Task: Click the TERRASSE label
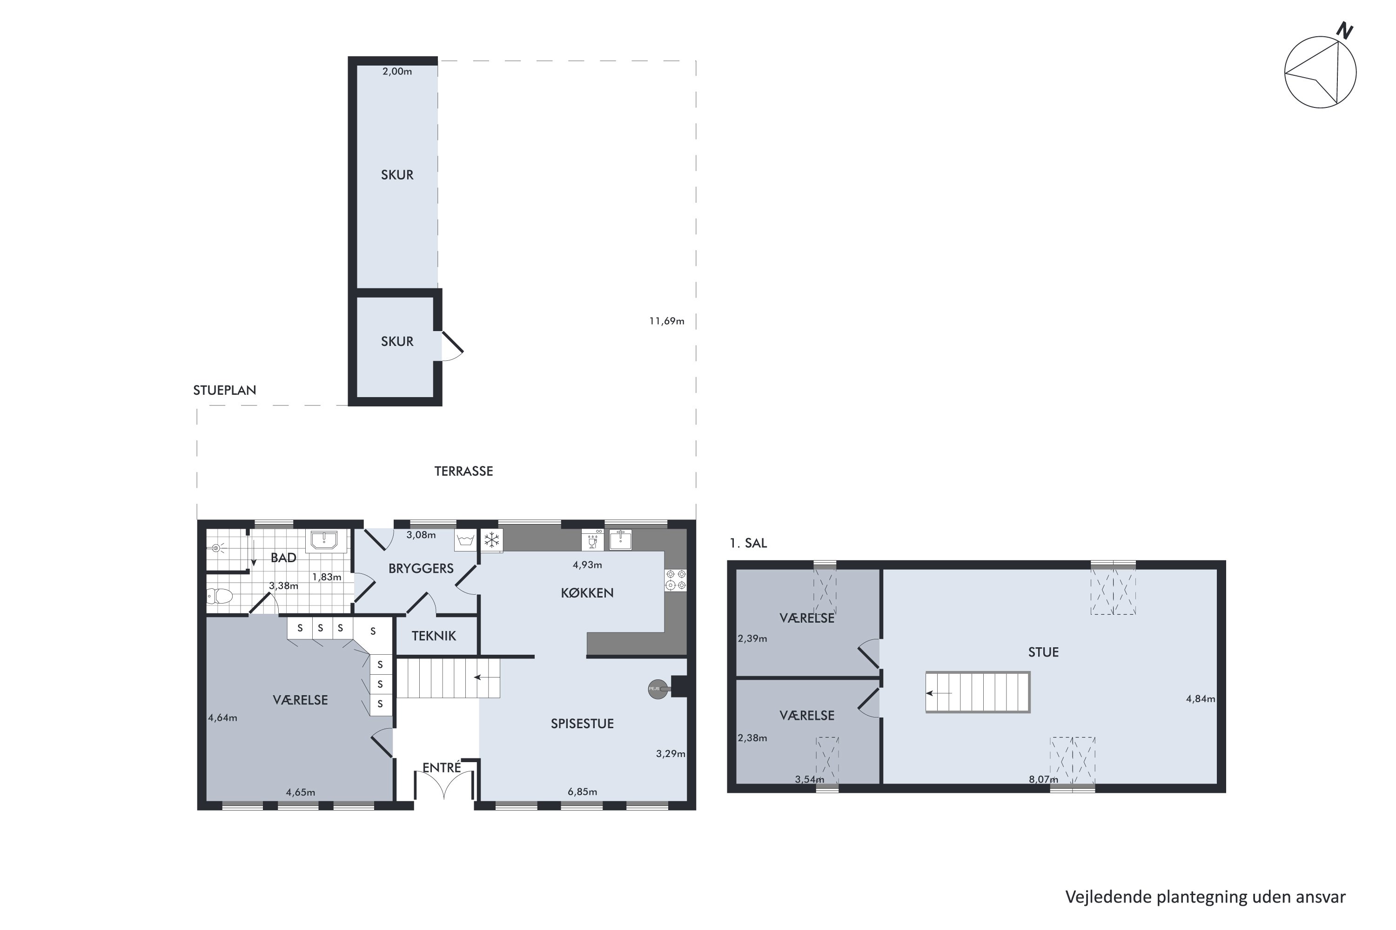pos(463,471)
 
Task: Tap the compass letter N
pos(1344,31)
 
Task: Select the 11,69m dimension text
pos(666,321)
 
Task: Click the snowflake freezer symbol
pos(491,540)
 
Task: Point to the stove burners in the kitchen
pos(676,579)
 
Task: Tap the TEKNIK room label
pos(434,636)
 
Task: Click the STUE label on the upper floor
pos(1043,652)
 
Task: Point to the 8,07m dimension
pos(1043,779)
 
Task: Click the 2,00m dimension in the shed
pos(397,71)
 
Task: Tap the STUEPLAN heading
pos(224,390)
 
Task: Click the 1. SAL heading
pos(748,543)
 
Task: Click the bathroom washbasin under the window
pos(324,540)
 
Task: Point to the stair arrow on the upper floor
pos(939,693)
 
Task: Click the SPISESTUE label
pos(582,724)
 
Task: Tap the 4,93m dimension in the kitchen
pos(587,565)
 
